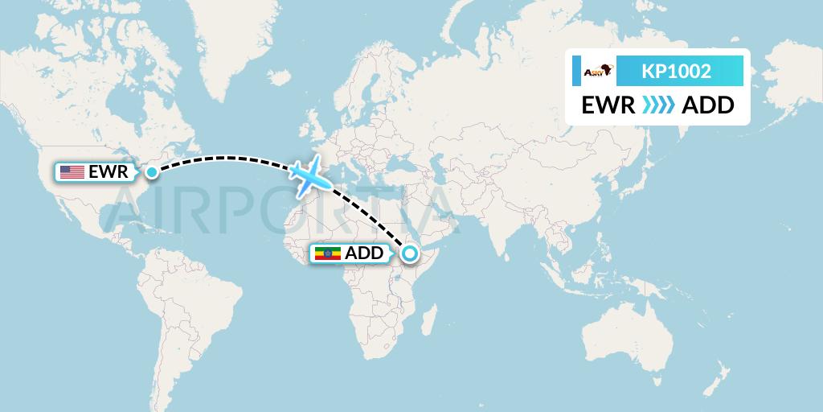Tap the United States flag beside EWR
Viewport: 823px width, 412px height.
click(x=72, y=171)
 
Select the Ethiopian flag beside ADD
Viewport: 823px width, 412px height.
click(x=326, y=254)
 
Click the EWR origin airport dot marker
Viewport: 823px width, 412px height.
click(x=151, y=171)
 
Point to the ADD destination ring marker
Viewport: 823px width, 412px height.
click(x=410, y=254)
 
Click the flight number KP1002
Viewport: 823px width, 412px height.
click(x=676, y=72)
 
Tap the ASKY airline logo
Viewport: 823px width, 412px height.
click(x=599, y=72)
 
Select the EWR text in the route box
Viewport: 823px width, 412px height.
click(x=608, y=105)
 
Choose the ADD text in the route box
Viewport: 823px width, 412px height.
click(x=707, y=105)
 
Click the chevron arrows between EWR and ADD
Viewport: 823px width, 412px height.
click(x=659, y=105)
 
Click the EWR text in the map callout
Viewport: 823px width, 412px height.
click(x=109, y=171)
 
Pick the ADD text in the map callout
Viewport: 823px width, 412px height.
click(x=364, y=254)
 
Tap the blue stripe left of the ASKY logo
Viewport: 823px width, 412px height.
click(x=576, y=72)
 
